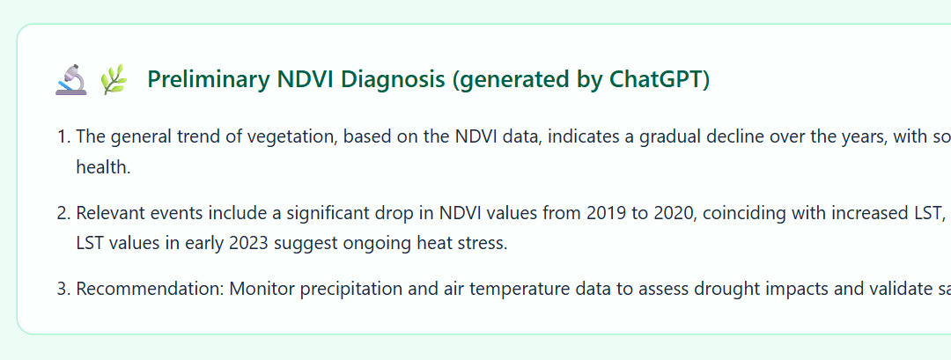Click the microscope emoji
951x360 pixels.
click(x=71, y=80)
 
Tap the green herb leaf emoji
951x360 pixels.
click(x=114, y=80)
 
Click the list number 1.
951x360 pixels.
click(x=63, y=136)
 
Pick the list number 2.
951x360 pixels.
click(x=63, y=213)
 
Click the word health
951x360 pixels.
click(x=103, y=167)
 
